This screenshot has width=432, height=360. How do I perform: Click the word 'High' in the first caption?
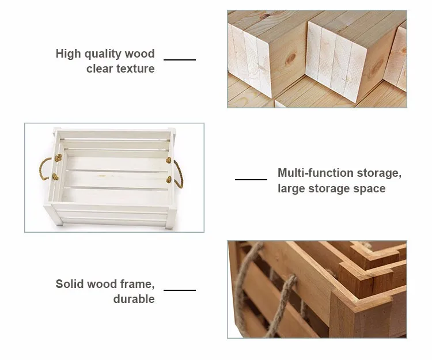point(67,54)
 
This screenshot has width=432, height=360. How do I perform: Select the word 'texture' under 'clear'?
point(136,69)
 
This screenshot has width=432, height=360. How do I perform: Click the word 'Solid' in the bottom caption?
point(69,284)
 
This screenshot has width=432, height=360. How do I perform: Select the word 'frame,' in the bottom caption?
point(137,284)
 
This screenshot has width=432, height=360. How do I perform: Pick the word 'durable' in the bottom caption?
point(134,299)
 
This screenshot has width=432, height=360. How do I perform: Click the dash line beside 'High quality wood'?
point(180,59)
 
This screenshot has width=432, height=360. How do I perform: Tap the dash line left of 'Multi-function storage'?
point(251,179)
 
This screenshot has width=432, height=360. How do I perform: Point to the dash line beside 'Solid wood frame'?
point(180,290)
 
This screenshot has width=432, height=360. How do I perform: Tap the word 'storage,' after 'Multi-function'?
point(377,173)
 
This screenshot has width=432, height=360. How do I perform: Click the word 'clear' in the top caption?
point(100,69)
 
